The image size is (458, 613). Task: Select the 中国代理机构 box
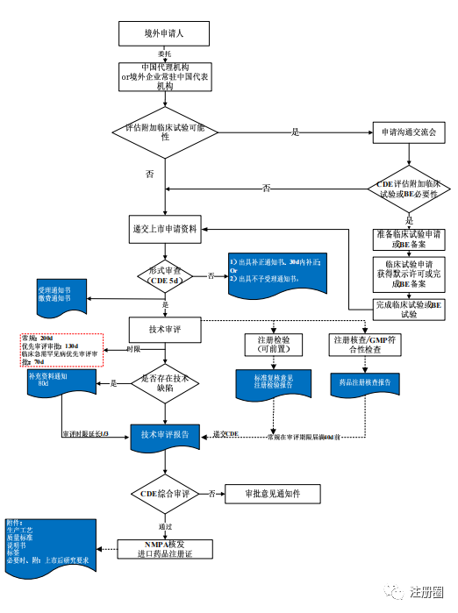click(x=165, y=76)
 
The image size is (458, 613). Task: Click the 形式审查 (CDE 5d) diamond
click(x=165, y=275)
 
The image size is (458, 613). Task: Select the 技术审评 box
click(x=164, y=328)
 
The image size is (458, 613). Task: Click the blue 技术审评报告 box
click(x=164, y=435)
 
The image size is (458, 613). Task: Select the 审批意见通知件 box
click(x=273, y=494)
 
